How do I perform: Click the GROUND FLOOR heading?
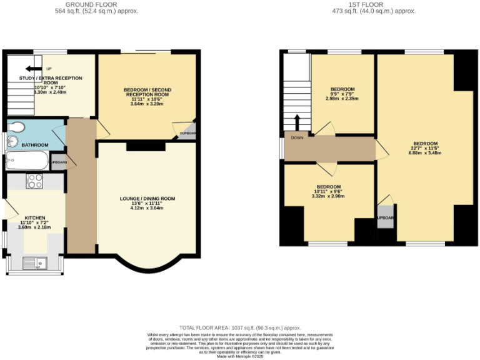96,4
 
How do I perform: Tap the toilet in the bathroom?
17,127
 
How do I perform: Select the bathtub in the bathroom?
26,161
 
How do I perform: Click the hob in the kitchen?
34,181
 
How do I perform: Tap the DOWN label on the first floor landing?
296,137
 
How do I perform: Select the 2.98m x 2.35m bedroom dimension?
342,98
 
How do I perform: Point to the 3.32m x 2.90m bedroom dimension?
328,196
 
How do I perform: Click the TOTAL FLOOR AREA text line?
240,327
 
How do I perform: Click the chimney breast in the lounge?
146,146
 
